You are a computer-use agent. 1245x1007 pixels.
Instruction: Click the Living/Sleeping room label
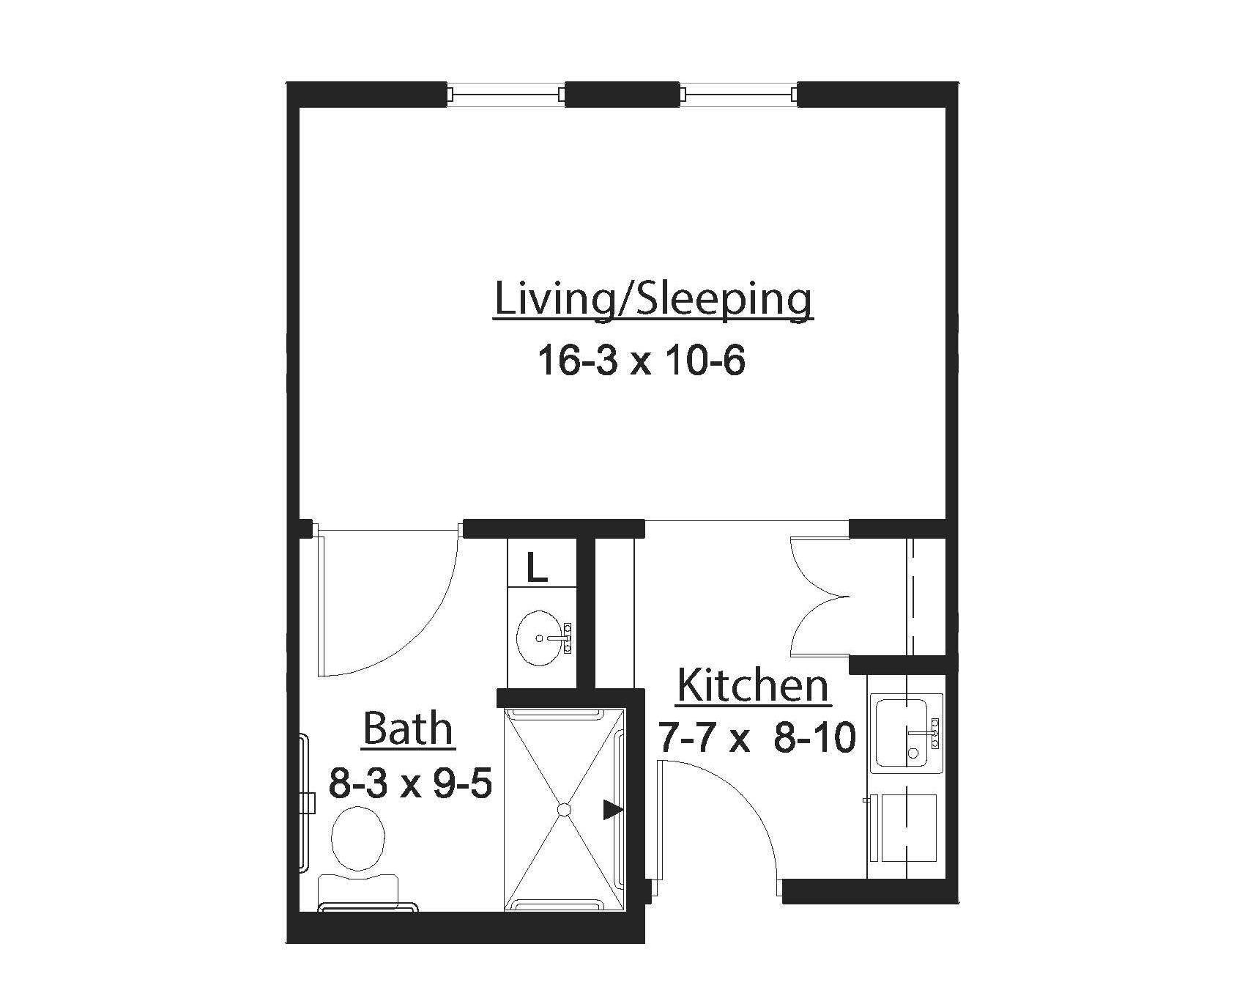[653, 300]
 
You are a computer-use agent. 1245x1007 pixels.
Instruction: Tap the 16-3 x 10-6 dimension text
[642, 361]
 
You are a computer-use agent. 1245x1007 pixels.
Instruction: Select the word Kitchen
[753, 687]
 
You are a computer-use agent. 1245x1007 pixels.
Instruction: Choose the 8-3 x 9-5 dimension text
[409, 783]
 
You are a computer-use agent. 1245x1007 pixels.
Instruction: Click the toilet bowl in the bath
[358, 838]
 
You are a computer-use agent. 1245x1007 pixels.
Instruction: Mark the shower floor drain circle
[563, 809]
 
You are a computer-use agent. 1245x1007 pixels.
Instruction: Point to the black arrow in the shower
[612, 809]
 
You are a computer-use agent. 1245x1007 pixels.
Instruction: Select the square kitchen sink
[902, 732]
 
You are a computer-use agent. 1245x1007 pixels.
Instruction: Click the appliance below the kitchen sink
[908, 827]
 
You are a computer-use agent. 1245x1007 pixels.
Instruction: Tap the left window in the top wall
[506, 95]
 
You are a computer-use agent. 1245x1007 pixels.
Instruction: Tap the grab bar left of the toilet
[305, 803]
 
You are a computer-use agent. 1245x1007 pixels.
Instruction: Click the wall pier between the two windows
[622, 95]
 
